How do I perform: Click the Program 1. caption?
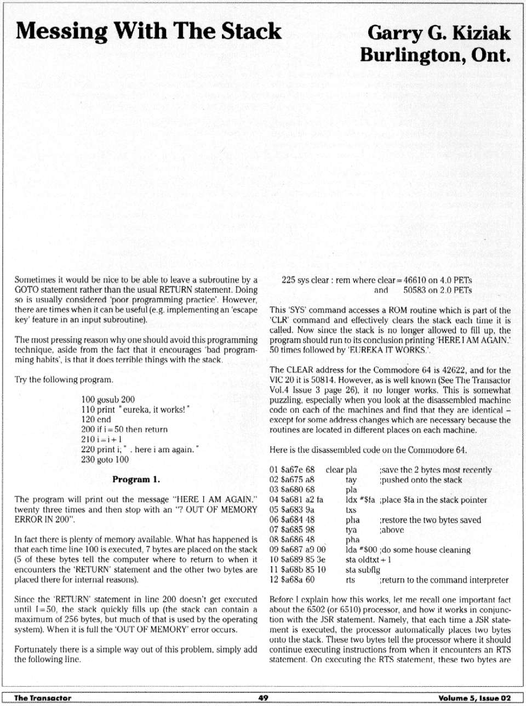click(x=136, y=480)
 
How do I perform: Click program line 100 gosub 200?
click(x=107, y=400)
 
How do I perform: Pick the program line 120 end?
click(x=96, y=419)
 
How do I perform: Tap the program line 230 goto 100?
click(x=105, y=459)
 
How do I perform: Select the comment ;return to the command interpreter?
click(x=443, y=580)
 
